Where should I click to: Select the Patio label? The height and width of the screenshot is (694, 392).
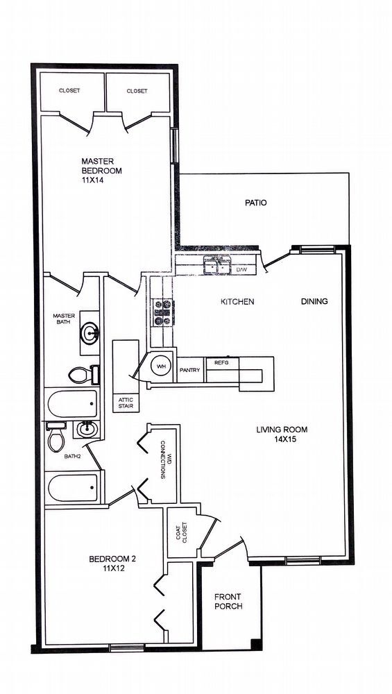(x=255, y=203)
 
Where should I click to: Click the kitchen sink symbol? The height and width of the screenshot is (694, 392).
(x=216, y=265)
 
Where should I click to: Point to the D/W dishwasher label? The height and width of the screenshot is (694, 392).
(x=242, y=269)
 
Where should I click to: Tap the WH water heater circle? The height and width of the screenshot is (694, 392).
(x=160, y=366)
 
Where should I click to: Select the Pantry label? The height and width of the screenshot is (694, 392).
(x=190, y=370)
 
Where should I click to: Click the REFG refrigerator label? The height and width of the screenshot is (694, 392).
(x=221, y=363)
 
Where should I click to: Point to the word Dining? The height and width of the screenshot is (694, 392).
(x=314, y=302)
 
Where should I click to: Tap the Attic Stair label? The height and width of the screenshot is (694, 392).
(x=126, y=403)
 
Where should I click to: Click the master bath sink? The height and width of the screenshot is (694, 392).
(x=89, y=333)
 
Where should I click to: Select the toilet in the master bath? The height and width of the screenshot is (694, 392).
(x=82, y=375)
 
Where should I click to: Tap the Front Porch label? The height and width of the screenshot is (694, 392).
(x=228, y=602)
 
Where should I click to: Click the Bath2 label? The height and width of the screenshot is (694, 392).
(x=73, y=457)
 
